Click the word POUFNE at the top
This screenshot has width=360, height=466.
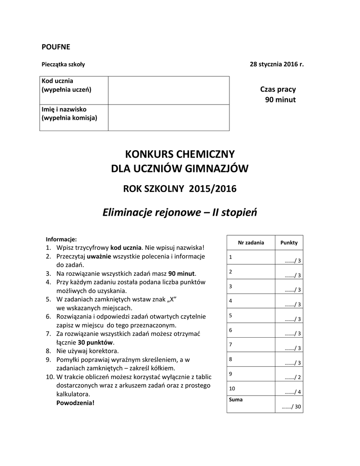point(56,46)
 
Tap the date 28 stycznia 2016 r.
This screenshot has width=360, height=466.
point(276,64)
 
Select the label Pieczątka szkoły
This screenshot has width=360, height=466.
point(63,64)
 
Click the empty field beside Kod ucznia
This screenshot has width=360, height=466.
point(168,90)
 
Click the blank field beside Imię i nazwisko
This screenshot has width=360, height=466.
point(168,117)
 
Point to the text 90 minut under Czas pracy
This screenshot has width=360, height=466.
point(280,99)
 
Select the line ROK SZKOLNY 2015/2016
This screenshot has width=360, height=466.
point(180,188)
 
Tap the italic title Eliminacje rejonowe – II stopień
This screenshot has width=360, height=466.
point(180,212)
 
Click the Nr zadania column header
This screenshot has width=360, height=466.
point(251,243)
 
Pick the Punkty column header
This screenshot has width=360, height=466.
point(289,243)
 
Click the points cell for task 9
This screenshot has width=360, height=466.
point(289,377)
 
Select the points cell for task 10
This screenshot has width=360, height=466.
point(289,391)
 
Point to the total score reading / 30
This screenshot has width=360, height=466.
point(292,407)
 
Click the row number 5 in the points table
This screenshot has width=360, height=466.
point(231,315)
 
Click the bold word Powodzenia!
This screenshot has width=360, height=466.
point(76,403)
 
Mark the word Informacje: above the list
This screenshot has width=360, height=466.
point(61,239)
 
